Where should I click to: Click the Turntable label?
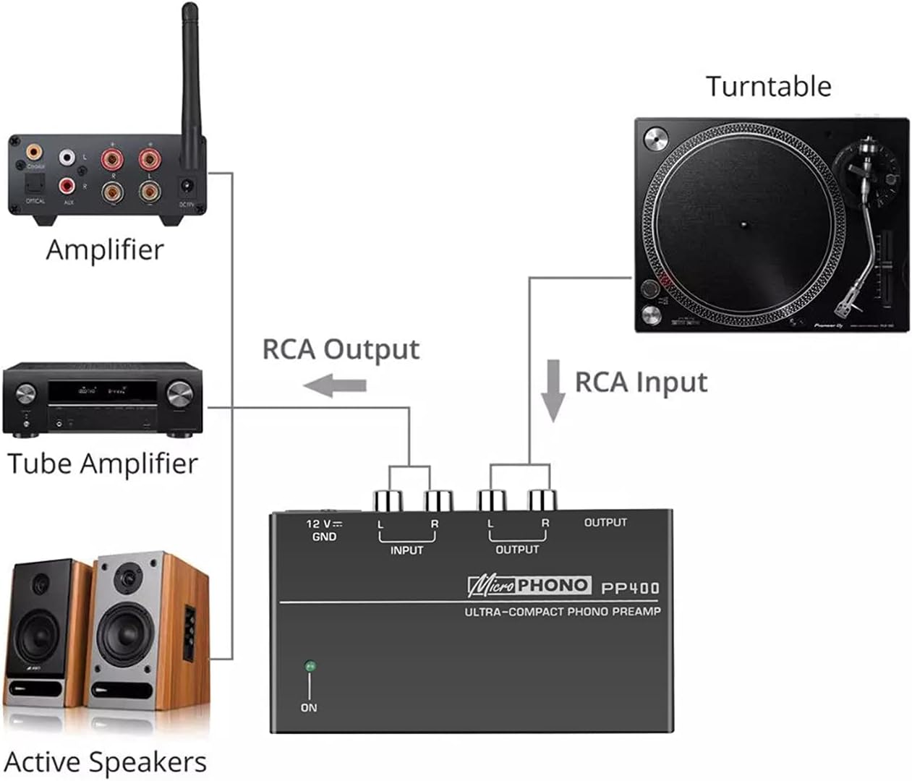tap(768, 87)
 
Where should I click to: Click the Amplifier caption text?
tap(105, 250)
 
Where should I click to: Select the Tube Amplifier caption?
tap(102, 464)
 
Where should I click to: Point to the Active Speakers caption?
tap(106, 762)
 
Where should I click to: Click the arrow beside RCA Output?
tap(335, 385)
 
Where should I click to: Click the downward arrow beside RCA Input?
tap(553, 390)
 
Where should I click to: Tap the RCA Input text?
tap(641, 382)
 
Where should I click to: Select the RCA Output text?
tap(341, 349)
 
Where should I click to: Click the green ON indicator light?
tap(310, 665)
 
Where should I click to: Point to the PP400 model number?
tap(630, 588)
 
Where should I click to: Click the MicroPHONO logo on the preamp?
tap(529, 585)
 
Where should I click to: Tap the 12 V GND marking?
tap(324, 530)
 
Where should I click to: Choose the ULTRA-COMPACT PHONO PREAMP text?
tap(562, 612)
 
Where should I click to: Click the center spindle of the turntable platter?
tap(744, 224)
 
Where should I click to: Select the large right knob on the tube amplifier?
tap(180, 394)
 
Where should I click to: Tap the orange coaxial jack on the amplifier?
tap(34, 153)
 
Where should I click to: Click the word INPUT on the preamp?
tap(406, 550)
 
